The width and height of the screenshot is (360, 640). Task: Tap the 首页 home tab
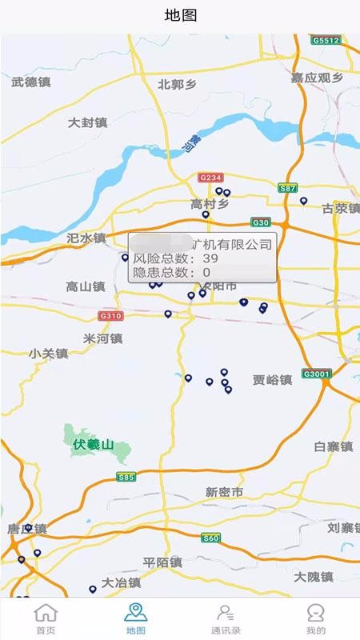[x=46, y=618]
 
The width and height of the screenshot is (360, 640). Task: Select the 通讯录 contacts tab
[x=226, y=618]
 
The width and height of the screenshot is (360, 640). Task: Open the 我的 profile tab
[x=315, y=618]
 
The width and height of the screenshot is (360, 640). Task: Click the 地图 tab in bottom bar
[x=135, y=618]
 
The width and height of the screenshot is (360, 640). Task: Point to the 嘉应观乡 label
[x=317, y=78]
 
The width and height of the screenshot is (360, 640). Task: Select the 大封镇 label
[x=87, y=123]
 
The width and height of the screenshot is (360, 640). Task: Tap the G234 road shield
[x=210, y=177]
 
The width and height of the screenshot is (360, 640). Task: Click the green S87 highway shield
[x=288, y=187]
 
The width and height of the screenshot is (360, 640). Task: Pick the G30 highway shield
[x=261, y=222]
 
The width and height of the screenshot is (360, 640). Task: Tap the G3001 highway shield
[x=317, y=374]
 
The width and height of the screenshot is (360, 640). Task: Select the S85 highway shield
[x=126, y=477]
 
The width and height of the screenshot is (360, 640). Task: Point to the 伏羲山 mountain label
[x=94, y=444]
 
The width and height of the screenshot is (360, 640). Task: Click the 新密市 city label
[x=224, y=492]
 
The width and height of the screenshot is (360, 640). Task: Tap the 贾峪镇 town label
[x=272, y=379]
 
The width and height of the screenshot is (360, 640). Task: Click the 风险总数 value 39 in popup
[x=210, y=258]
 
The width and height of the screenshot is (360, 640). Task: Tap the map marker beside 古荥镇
[x=304, y=201]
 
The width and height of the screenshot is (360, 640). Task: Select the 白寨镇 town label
[x=334, y=446]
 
